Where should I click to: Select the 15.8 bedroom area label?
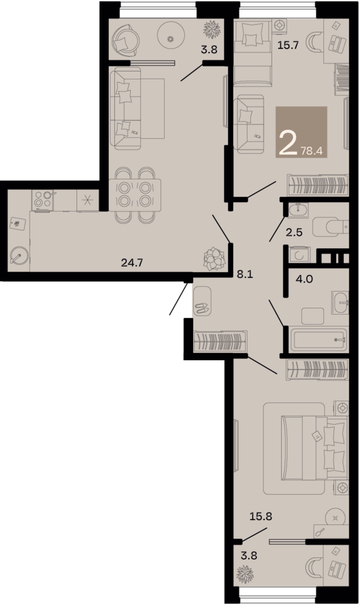(261, 516)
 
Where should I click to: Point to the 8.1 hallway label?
(244, 274)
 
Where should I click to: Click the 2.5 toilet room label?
(294, 232)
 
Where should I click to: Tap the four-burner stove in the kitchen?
(42, 200)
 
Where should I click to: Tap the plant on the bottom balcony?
(244, 574)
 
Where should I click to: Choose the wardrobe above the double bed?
(317, 370)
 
